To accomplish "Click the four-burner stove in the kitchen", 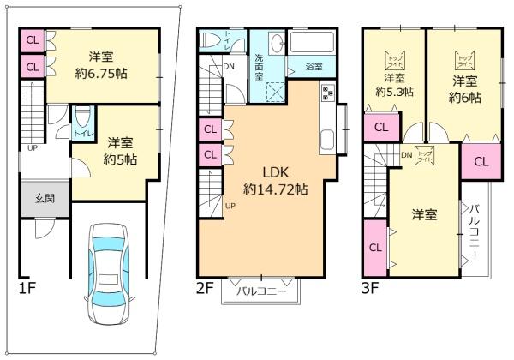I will point(328,93).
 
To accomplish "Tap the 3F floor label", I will point(371,288).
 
